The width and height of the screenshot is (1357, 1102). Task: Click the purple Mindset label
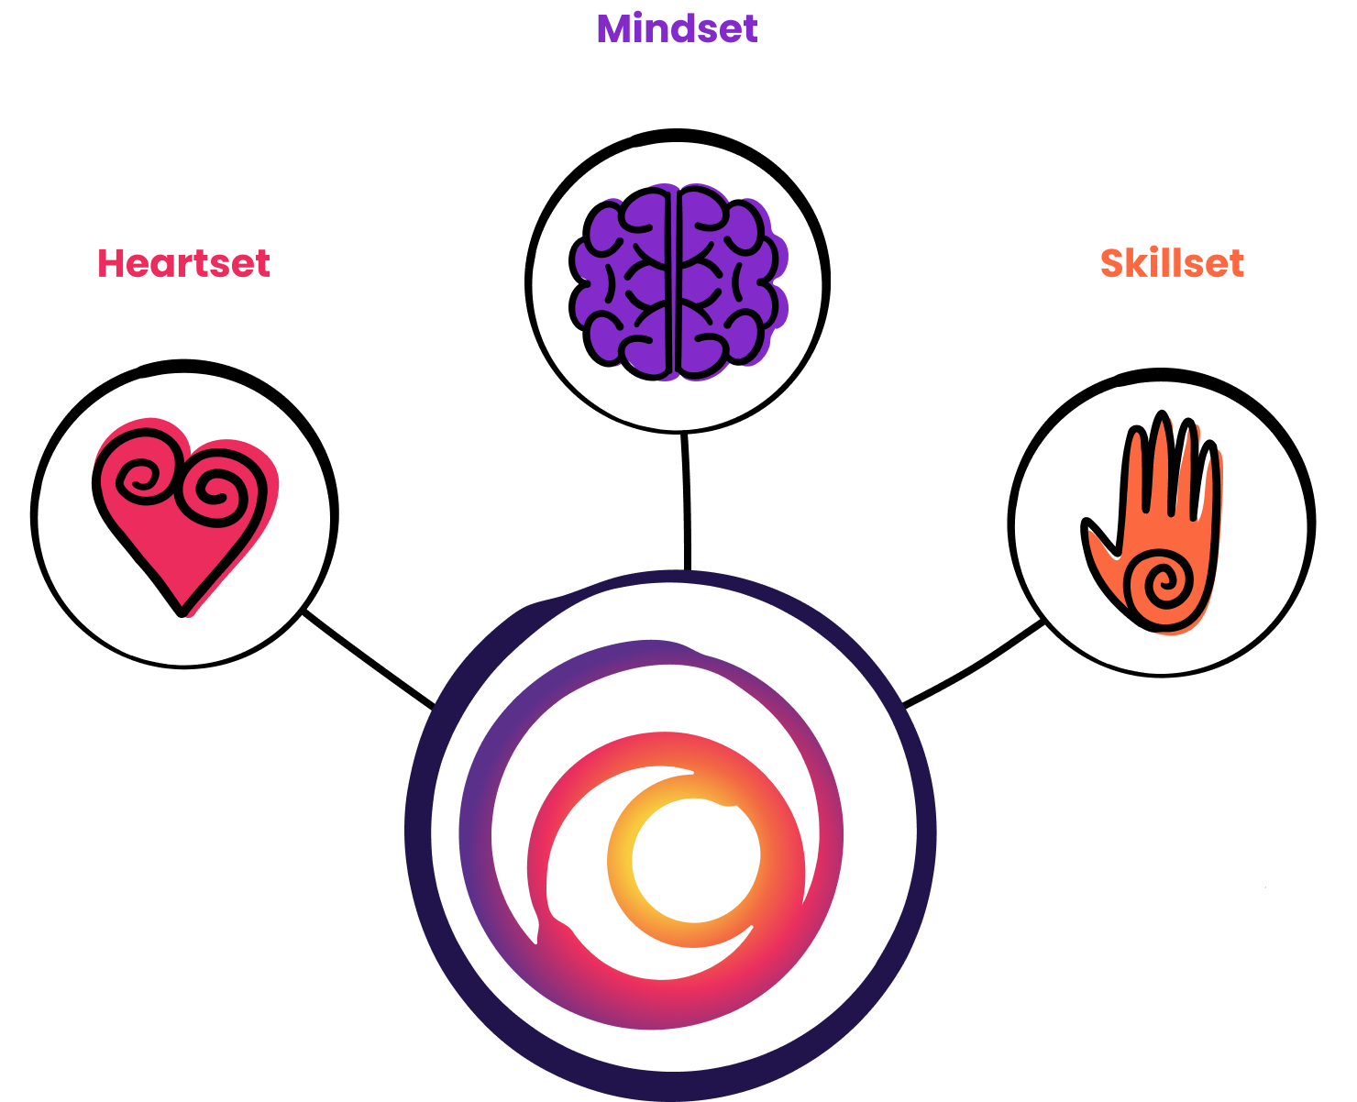coord(677,28)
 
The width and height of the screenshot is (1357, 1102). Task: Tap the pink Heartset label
coord(183,263)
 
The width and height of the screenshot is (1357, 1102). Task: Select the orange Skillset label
coord(1172,263)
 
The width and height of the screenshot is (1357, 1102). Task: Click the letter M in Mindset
coord(615,28)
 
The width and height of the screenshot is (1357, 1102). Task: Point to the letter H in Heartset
coord(110,263)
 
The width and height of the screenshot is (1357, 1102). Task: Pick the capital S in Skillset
coord(1111,263)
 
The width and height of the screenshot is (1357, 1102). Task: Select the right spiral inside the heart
coord(216,490)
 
